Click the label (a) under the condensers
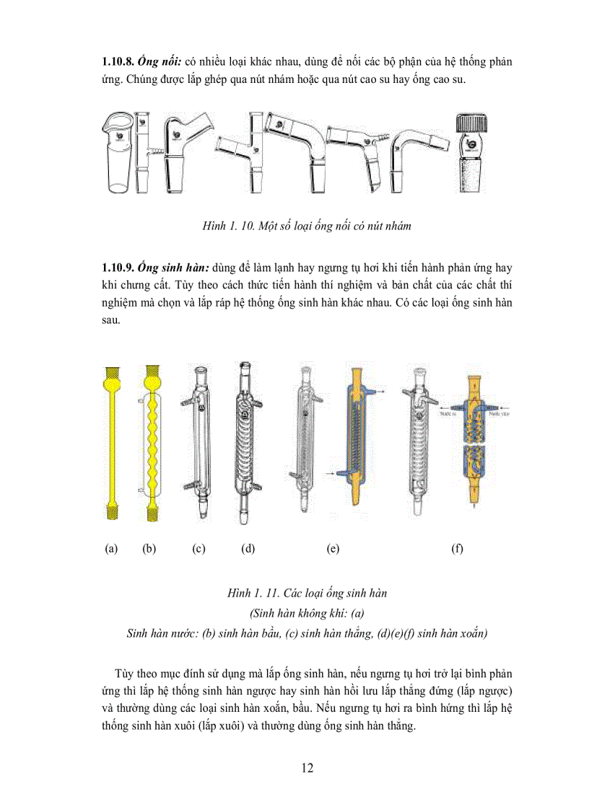coord(111,549)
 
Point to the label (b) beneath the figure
coord(149,549)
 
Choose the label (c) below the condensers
coord(198,549)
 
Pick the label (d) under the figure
coord(248,549)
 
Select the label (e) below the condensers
coord(333,549)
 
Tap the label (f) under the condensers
coord(457,549)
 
